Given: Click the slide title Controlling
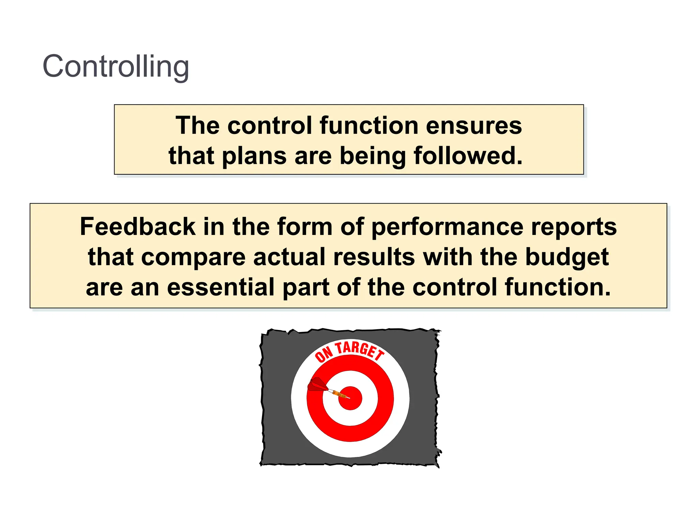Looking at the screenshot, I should click(x=116, y=66).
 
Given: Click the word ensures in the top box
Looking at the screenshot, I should click(x=474, y=126).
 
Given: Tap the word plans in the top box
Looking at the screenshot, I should click(x=254, y=156).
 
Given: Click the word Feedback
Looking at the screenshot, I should click(x=138, y=227).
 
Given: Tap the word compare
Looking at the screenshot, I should click(x=193, y=257).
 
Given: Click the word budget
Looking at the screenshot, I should click(x=567, y=257).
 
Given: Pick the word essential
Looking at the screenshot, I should click(x=221, y=287).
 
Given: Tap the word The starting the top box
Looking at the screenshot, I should click(x=197, y=126).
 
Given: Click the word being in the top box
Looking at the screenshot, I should click(x=372, y=156).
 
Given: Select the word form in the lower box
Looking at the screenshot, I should click(x=304, y=227).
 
